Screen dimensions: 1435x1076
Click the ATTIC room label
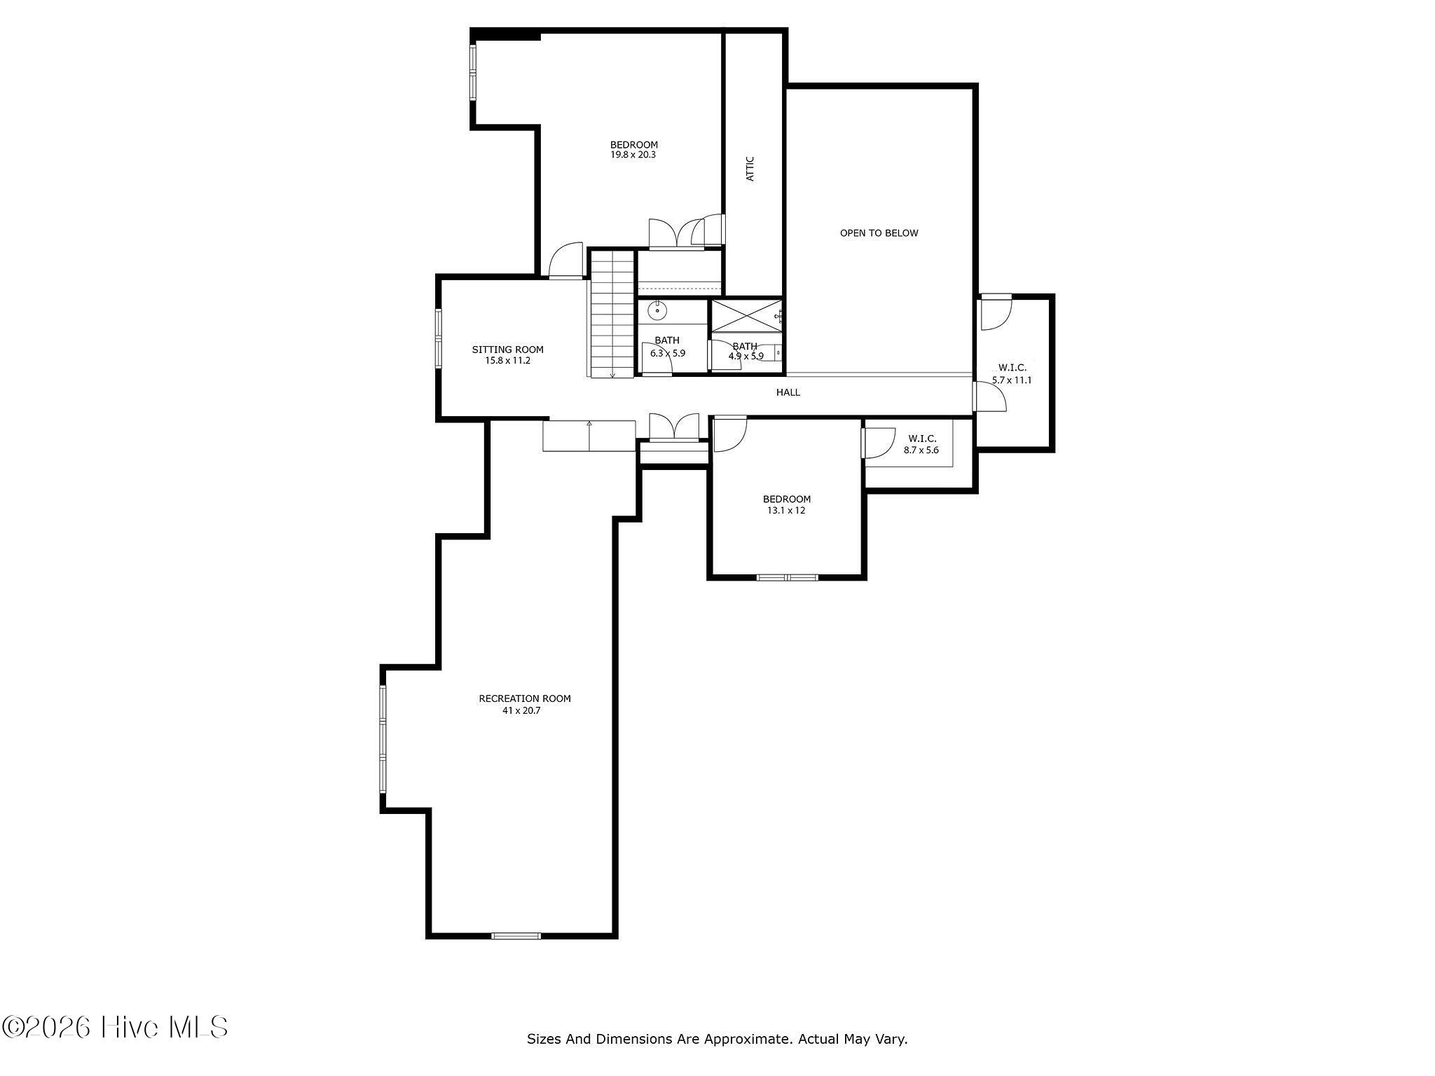(x=750, y=169)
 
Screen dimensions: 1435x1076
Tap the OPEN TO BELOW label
(x=879, y=233)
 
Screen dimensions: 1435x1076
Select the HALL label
(x=788, y=392)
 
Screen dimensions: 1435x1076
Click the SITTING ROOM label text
(x=507, y=350)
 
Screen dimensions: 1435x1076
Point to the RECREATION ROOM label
(x=525, y=698)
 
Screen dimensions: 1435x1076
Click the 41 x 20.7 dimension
(x=521, y=710)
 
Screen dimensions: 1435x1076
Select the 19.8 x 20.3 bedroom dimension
(x=633, y=156)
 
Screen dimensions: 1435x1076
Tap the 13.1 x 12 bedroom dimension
(x=786, y=511)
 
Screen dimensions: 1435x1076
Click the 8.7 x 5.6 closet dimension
(x=921, y=450)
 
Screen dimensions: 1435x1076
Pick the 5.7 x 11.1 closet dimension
(x=1012, y=380)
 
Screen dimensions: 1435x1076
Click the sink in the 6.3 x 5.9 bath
(x=657, y=310)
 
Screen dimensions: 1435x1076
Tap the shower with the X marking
(x=746, y=315)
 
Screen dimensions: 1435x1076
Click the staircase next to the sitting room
(x=612, y=314)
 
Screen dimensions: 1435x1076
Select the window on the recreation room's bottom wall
(x=516, y=935)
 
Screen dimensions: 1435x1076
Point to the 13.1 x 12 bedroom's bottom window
(x=787, y=577)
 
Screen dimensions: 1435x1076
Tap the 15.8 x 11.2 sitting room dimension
(x=508, y=361)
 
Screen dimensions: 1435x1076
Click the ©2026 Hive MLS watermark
(x=115, y=1028)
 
